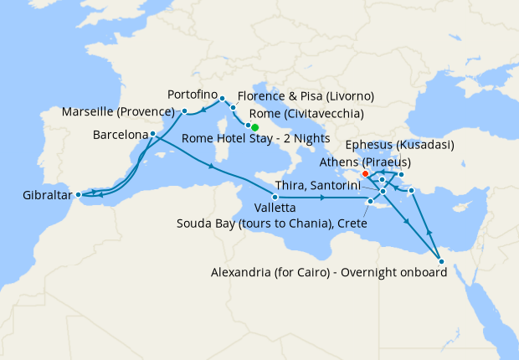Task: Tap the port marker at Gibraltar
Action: point(78,195)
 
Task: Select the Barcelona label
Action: point(121,134)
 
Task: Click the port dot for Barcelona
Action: point(152,134)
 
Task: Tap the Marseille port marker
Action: point(184,111)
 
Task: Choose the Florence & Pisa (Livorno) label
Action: point(306,95)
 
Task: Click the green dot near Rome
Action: point(254,128)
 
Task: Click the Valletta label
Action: point(273,208)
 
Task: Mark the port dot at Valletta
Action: point(275,196)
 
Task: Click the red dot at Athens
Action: point(366,174)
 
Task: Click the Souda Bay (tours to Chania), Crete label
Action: point(274,224)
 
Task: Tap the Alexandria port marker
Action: point(441,261)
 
